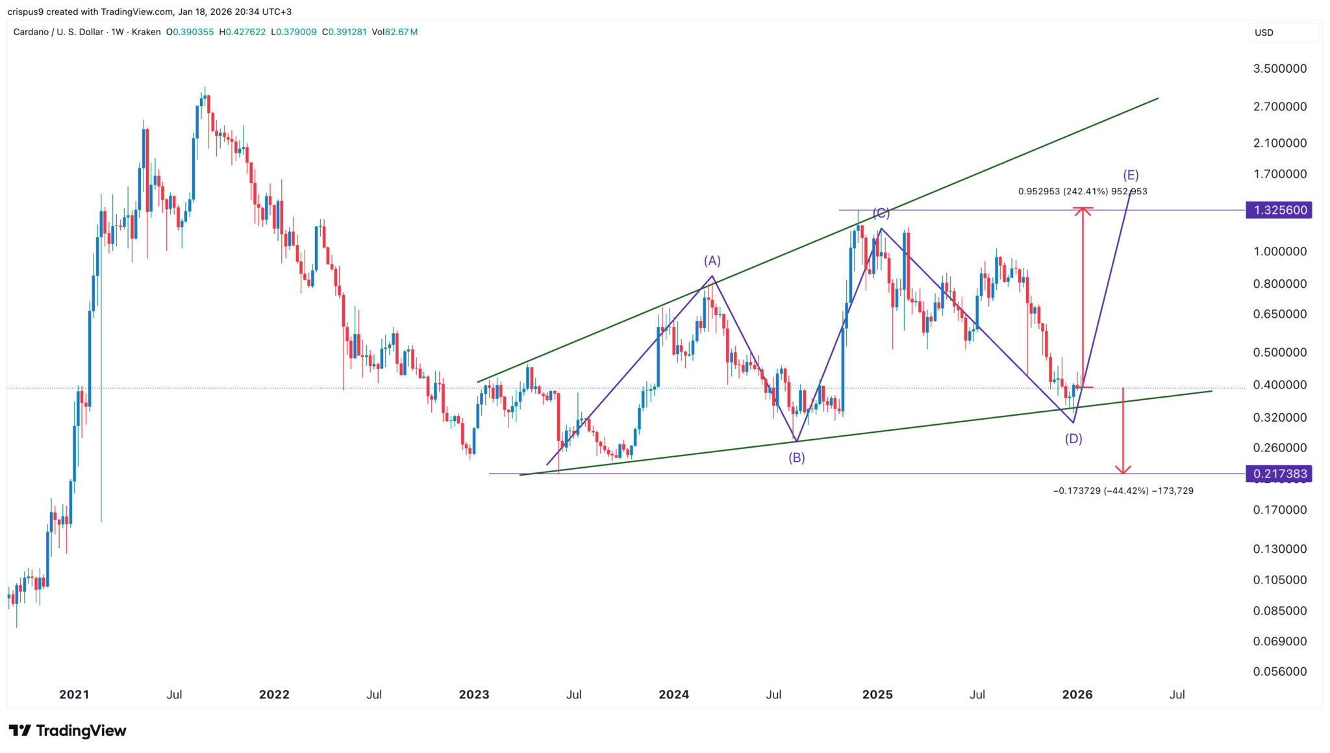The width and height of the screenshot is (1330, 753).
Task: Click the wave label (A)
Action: point(712,261)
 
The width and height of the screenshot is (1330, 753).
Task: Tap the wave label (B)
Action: point(797,458)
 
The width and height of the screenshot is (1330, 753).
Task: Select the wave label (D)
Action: point(1073,439)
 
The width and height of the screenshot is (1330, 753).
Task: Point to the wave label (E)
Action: point(1131,175)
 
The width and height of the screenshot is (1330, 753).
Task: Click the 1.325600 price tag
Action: point(1278,211)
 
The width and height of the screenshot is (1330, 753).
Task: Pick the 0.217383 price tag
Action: point(1278,474)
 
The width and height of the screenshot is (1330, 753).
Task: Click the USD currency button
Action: point(1264,32)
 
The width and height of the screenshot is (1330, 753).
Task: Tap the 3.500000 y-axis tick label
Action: point(1279,69)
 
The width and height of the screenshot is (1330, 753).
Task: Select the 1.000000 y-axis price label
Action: point(1279,252)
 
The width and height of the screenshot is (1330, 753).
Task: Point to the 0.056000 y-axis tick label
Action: point(1279,672)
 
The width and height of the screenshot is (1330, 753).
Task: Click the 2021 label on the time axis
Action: point(74,695)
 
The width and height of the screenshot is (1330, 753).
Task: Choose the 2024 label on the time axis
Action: point(673,695)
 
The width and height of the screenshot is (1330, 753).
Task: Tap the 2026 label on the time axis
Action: point(1077,695)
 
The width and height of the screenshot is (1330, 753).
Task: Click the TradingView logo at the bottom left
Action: point(68,731)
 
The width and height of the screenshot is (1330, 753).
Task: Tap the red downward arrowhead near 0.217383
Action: point(1123,469)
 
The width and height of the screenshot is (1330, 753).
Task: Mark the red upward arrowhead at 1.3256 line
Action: point(1083,211)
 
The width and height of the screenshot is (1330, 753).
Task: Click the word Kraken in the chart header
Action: point(146,32)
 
